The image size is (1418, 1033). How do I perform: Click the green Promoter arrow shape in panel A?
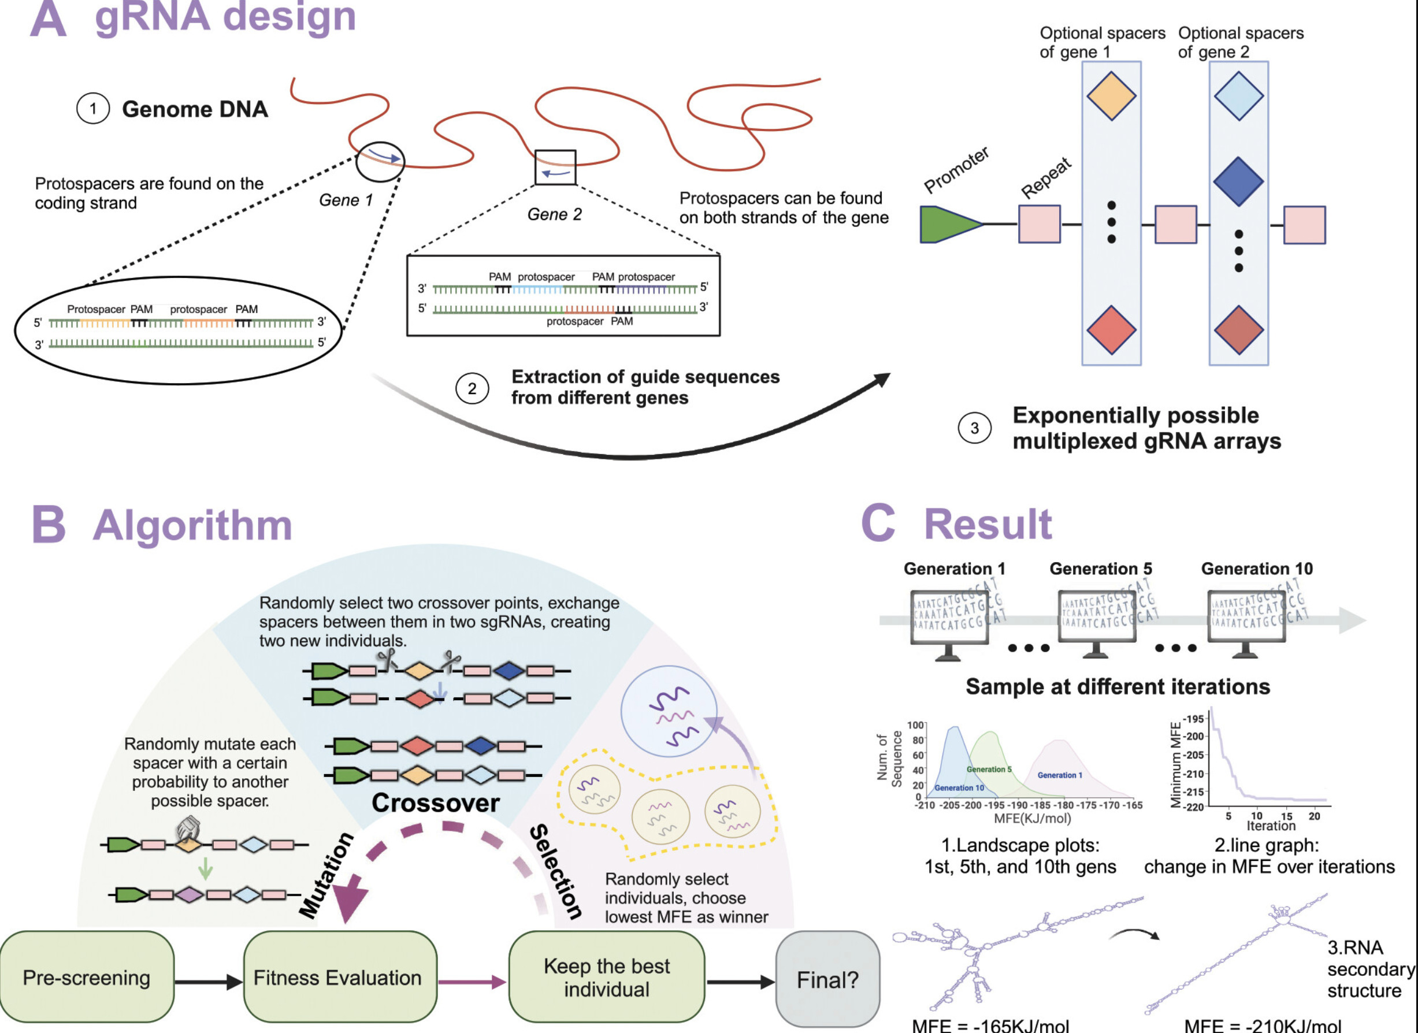coord(947,225)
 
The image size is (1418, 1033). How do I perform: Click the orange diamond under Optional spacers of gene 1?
coord(1111,96)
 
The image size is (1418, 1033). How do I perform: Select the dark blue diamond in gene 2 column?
coord(1238,181)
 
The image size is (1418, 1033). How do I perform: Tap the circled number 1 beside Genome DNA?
coord(92,109)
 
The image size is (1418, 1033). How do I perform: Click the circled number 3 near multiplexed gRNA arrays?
coord(974,428)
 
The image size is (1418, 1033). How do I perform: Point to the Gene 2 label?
coord(554,214)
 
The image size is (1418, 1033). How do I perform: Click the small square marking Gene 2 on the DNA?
coord(555,167)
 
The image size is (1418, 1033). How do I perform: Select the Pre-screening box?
coord(86,978)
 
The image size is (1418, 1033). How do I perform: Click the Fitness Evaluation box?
coord(338,978)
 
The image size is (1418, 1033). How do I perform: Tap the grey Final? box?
coord(827,979)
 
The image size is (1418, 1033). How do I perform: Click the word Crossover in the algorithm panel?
coord(435,803)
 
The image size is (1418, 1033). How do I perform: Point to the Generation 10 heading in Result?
coord(1257,568)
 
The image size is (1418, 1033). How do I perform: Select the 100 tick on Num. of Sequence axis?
coord(915,724)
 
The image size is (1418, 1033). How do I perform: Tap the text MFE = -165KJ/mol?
coord(990,1025)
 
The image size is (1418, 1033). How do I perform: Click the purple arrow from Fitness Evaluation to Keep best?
coord(472,982)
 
